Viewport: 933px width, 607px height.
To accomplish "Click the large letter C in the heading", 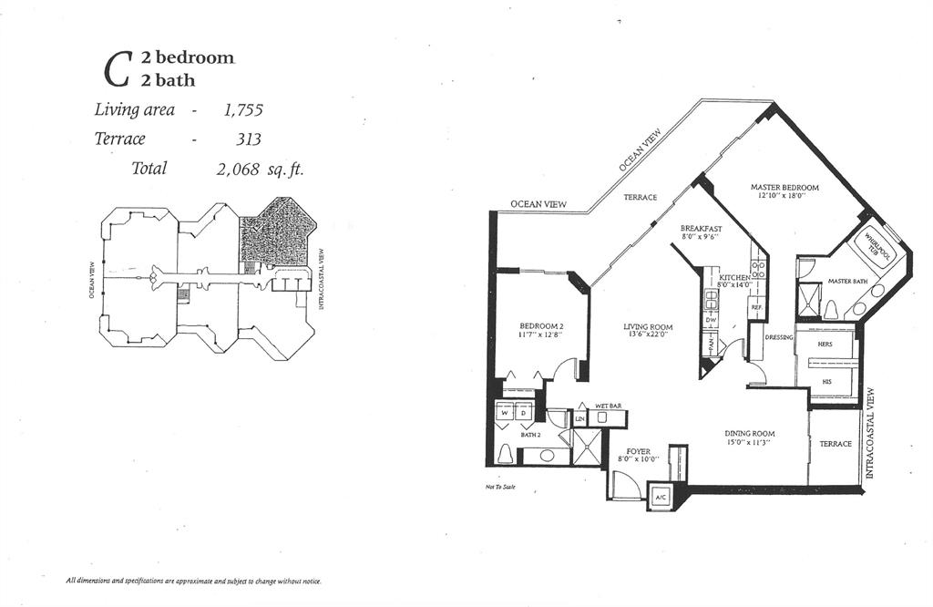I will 116,69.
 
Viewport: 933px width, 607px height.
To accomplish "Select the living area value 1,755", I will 243,110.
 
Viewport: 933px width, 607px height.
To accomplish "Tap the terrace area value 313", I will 248,139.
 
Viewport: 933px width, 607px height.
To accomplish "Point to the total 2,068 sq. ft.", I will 260,169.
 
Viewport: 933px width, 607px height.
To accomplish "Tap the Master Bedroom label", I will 784,188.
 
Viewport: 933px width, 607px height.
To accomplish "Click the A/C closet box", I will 659,498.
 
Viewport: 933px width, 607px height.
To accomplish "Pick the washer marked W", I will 503,413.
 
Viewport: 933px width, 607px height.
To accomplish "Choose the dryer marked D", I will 525,413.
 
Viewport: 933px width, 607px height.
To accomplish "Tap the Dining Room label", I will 749,433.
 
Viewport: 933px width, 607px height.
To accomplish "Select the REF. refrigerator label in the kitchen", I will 756,307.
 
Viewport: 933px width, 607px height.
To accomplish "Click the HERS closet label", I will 826,345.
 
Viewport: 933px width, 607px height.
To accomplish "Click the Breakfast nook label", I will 701,228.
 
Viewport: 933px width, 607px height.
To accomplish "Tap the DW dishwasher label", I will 710,320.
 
